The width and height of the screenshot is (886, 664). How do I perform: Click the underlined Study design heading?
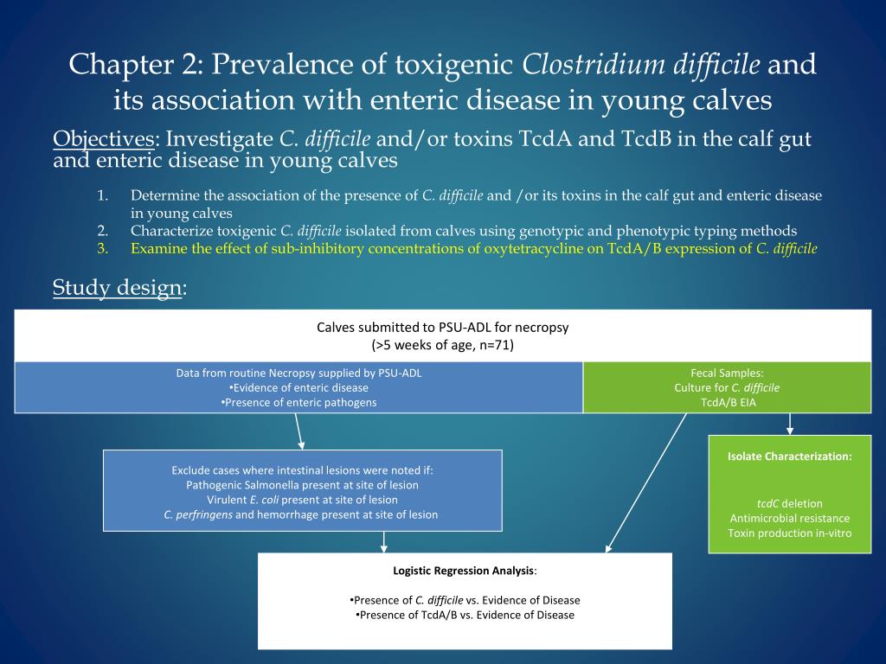coord(117,287)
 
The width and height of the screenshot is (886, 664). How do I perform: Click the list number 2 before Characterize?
coord(102,231)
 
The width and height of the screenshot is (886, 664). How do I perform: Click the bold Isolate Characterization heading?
coord(789,456)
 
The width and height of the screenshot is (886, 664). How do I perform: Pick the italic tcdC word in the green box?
coord(767,503)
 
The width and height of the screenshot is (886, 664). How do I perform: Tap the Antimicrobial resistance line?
coord(789,518)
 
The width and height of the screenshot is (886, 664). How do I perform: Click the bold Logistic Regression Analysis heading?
coord(464,571)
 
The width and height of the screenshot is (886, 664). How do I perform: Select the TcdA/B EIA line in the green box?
coord(728,402)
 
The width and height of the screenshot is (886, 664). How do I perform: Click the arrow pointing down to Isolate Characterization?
coord(789,424)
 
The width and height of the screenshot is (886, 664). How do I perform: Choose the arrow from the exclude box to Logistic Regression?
coord(384,541)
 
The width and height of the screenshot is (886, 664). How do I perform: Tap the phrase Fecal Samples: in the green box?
coord(727,373)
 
